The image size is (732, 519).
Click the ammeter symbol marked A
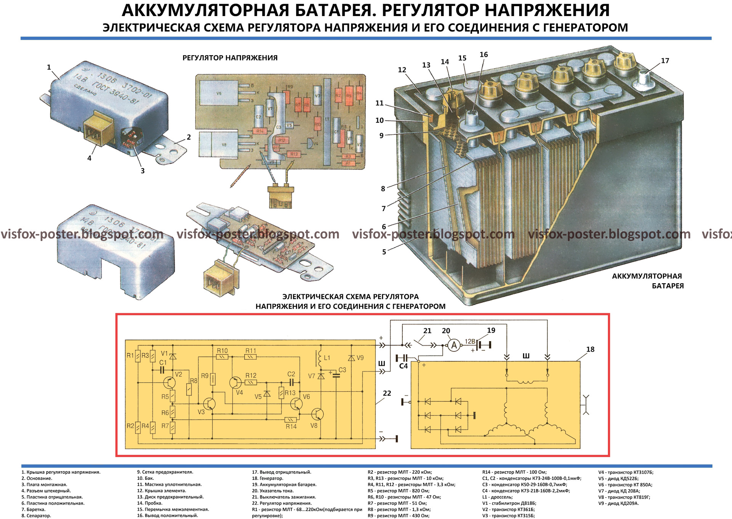pos(454,345)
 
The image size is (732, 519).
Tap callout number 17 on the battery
pos(665,61)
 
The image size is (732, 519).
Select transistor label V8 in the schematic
pos(314,425)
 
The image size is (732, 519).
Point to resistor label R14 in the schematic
pos(291,426)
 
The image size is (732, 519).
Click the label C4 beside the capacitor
pos(403,366)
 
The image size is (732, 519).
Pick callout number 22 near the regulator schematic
pos(387,393)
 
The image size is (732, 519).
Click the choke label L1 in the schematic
pos(327,358)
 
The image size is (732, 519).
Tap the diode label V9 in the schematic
pos(360,358)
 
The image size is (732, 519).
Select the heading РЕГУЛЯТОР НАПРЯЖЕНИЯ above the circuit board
pos(230,58)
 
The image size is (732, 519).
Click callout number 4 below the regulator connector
pos(89,158)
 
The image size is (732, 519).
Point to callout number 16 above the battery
pos(483,55)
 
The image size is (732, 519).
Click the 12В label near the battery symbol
pos(470,341)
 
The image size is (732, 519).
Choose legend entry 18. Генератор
pos(268,478)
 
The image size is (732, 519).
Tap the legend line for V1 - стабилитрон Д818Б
pos(509,503)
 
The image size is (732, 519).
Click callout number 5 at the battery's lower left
pos(384,252)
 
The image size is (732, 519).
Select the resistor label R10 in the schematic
pos(222,350)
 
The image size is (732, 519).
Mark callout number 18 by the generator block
pos(590,349)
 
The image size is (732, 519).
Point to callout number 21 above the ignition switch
pos(427,331)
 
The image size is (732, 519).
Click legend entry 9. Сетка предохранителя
pos(165,472)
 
